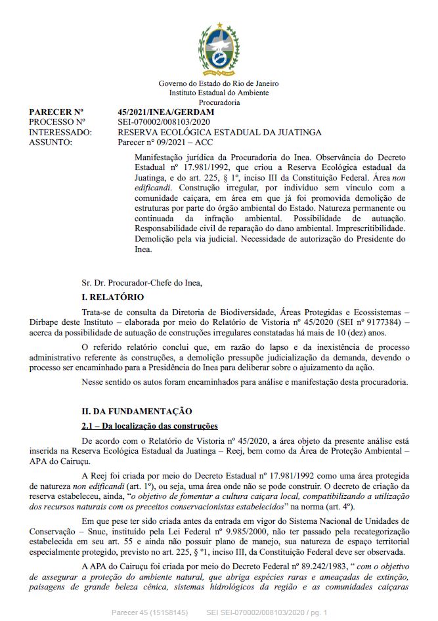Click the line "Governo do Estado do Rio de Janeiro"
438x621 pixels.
coord(219,84)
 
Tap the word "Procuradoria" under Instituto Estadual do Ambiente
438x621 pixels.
coord(219,102)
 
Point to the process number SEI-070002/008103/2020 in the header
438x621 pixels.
coord(164,122)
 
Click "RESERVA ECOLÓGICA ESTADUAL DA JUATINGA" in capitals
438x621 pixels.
coord(219,132)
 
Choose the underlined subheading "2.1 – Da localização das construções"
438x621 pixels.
coord(145,426)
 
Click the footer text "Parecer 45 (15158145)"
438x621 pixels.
coord(150,612)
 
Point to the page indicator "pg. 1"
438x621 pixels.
coord(318,612)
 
